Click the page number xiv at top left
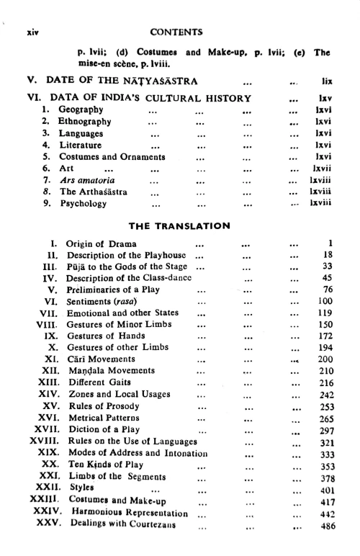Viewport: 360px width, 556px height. click(x=31, y=32)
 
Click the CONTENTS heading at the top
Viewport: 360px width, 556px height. click(x=179, y=32)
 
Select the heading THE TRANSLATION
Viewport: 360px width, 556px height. click(x=178, y=225)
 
